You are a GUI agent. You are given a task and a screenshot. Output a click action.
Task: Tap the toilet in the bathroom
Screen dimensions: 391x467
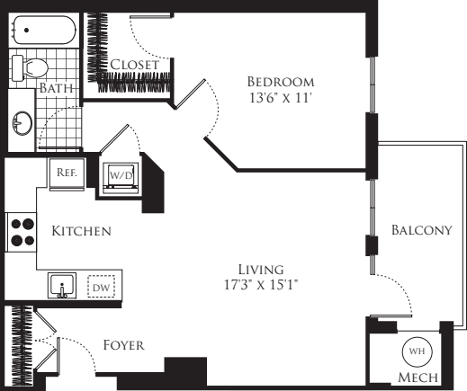point(33,67)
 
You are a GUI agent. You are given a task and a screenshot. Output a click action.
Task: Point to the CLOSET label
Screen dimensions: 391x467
point(135,65)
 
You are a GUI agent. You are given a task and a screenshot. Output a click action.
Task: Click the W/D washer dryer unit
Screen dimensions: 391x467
point(120,173)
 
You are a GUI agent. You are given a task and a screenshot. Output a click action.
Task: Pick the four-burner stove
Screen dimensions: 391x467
point(22,232)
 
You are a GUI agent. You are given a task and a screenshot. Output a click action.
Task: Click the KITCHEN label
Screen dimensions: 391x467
point(81,232)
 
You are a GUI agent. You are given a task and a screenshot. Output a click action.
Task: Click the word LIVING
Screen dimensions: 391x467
point(261,270)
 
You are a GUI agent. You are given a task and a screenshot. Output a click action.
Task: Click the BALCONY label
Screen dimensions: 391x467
point(420,231)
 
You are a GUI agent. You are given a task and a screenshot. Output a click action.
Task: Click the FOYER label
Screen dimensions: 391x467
point(123,345)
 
